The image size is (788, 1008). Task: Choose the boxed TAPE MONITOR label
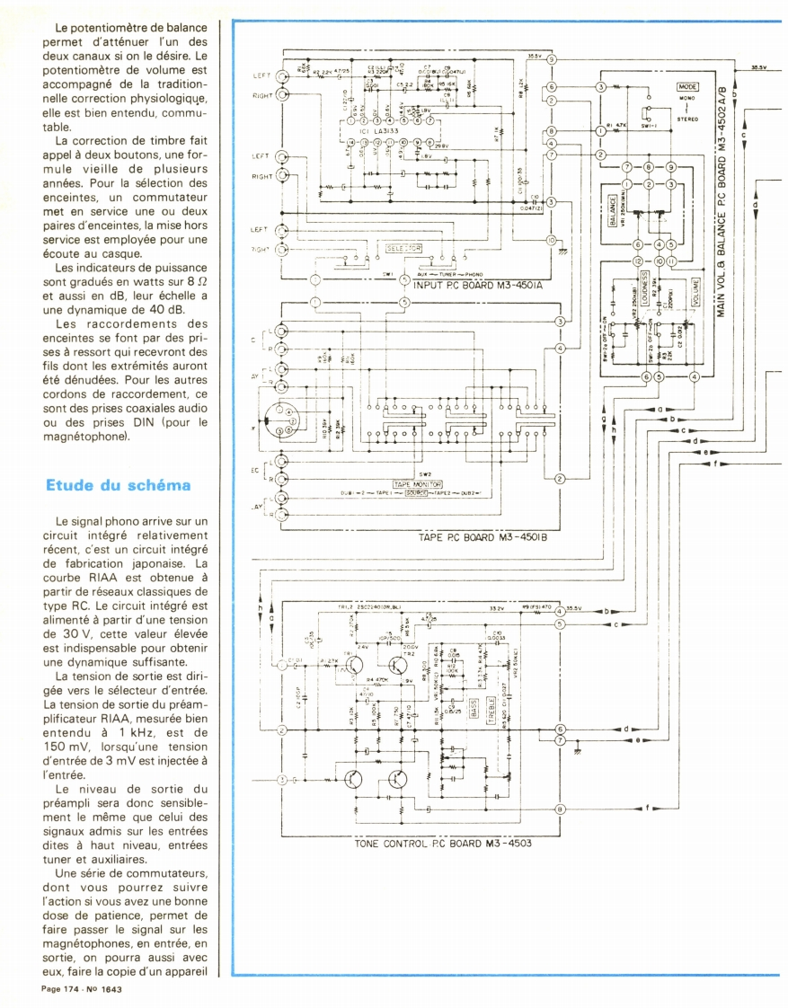pos(412,483)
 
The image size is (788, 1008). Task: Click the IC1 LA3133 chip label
pos(373,127)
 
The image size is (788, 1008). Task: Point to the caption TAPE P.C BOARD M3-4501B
pos(482,538)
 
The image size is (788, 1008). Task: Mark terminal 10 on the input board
pos(551,241)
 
